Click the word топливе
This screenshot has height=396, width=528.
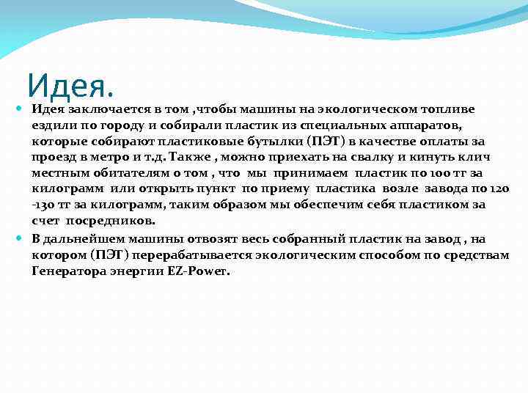(447, 109)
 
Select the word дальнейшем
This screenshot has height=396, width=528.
(81, 239)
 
